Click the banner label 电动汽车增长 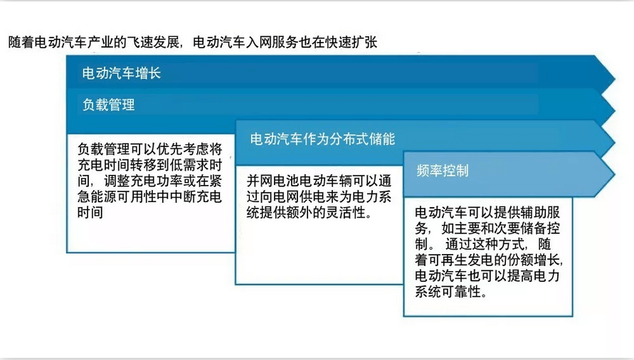[121, 73]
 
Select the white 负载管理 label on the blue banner [108, 105]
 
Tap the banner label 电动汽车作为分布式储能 [322, 139]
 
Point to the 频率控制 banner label [443, 170]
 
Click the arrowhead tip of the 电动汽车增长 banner [615, 78]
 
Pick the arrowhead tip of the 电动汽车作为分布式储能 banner [615, 142]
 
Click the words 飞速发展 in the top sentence [153, 42]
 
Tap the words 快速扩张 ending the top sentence [351, 42]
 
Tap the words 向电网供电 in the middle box [292, 196]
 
